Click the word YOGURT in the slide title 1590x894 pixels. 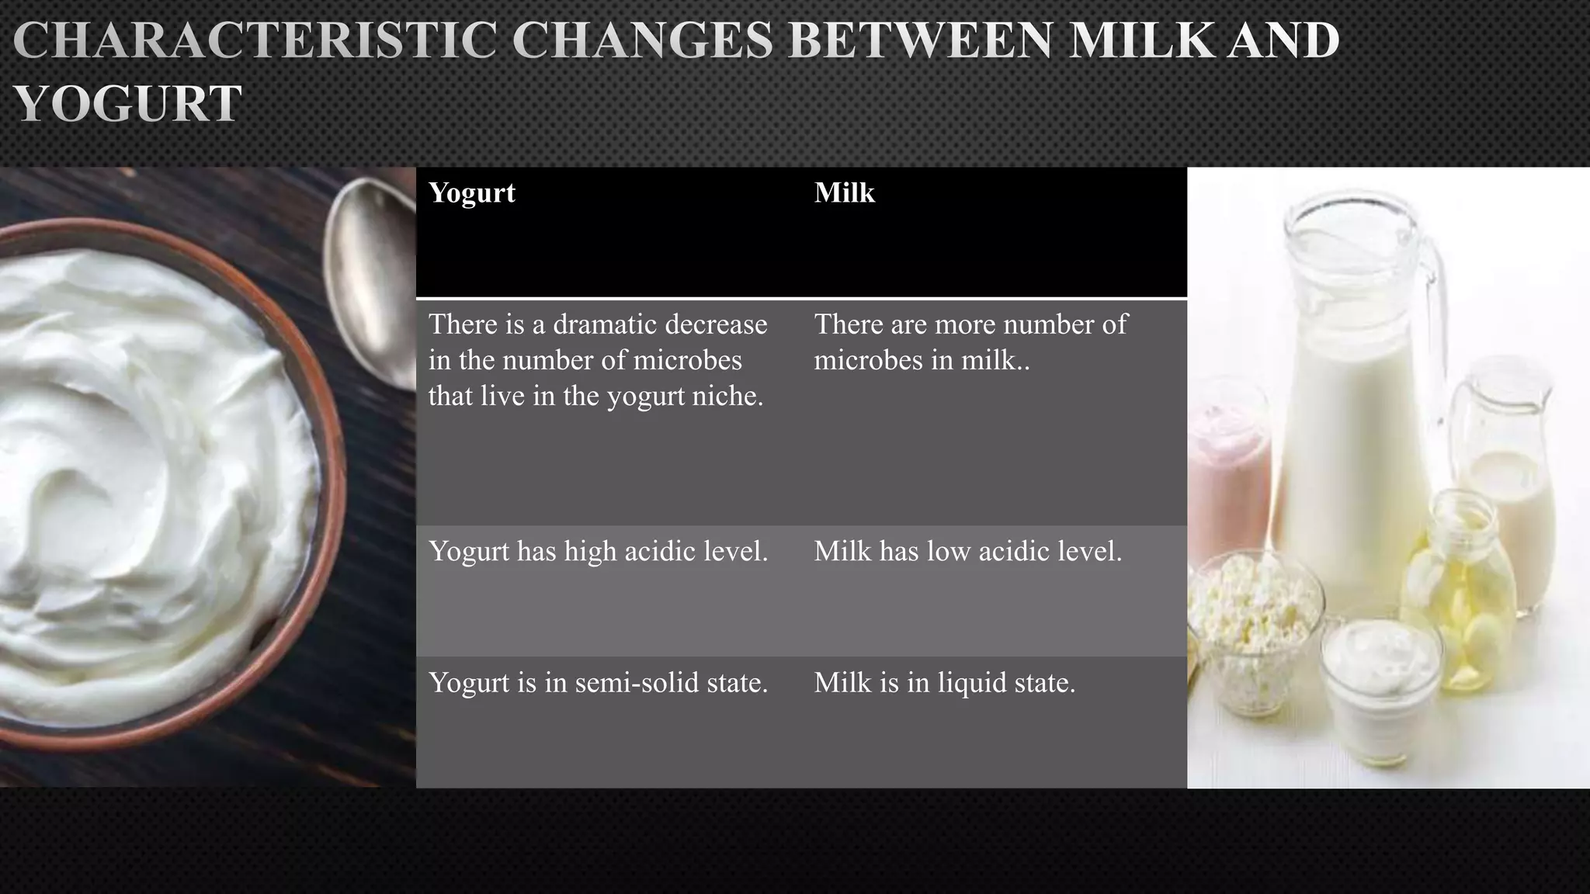click(x=128, y=104)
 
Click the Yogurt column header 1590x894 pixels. click(x=471, y=192)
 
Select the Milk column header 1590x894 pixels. click(x=844, y=192)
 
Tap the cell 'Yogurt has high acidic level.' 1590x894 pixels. click(x=598, y=552)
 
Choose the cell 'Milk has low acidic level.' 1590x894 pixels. click(x=967, y=552)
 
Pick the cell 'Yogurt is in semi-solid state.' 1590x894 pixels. click(x=598, y=683)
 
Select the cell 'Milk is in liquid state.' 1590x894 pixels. click(x=944, y=683)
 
